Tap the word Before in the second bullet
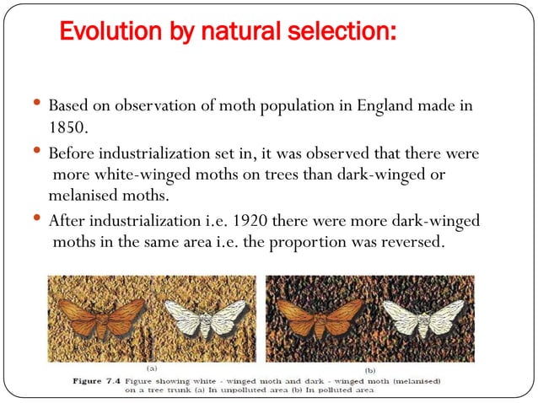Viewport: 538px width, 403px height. click(72, 157)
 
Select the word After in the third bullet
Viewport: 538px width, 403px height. click(66, 221)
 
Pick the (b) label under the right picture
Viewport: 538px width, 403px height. click(369, 368)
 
